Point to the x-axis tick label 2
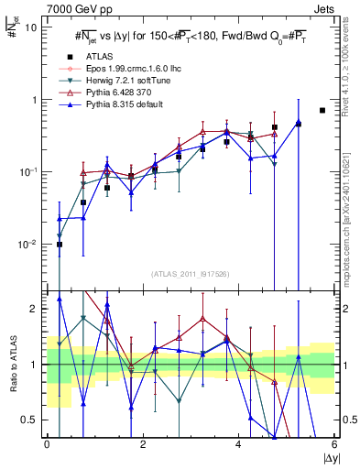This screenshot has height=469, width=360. pos(143,444)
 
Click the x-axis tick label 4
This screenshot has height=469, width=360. pos(239,444)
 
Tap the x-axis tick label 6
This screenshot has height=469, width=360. pos(334,444)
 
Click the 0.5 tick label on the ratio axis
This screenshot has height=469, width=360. pos(29,420)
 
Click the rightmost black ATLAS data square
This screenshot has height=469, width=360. pos(322,111)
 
